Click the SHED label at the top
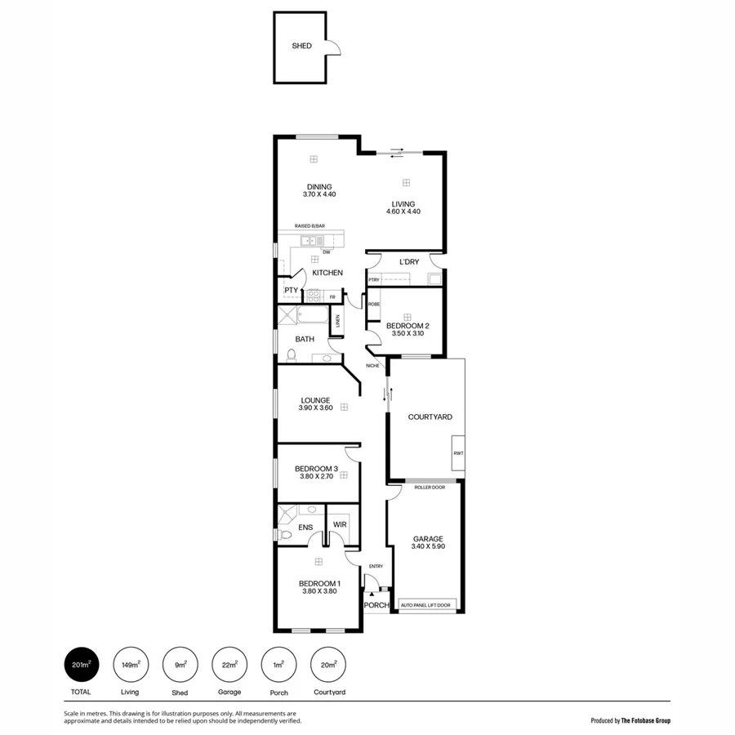[x=301, y=47]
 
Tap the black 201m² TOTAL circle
[x=82, y=665]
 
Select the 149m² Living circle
[x=131, y=665]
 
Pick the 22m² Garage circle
[x=229, y=665]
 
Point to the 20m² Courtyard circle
[x=329, y=665]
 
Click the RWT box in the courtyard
[x=458, y=453]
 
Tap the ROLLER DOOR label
[x=429, y=488]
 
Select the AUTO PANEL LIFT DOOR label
[x=425, y=605]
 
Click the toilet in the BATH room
[x=291, y=354]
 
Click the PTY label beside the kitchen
[x=291, y=290]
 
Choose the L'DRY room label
[x=409, y=262]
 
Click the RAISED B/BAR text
[x=310, y=226]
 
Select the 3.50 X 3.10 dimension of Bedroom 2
[x=408, y=333]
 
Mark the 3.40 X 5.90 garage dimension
[x=428, y=547]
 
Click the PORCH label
[x=376, y=605]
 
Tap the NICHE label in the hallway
[x=372, y=365]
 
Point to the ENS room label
[x=305, y=528]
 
